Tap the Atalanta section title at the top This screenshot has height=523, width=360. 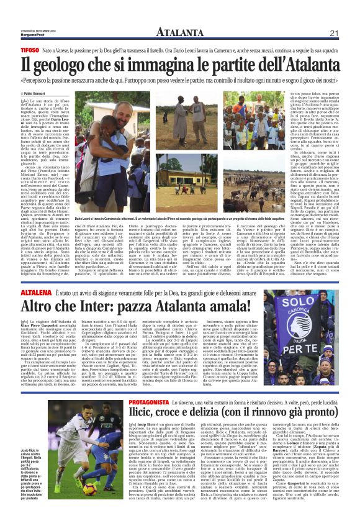point(179,32)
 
